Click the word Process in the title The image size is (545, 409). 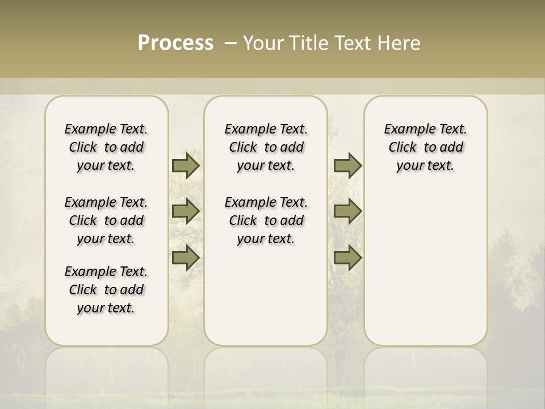(175, 43)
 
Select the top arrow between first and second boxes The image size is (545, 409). (186, 166)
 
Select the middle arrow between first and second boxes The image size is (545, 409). (186, 211)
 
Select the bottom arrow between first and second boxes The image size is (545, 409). (186, 257)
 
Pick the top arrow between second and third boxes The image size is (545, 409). (347, 166)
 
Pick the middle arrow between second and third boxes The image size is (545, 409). (347, 211)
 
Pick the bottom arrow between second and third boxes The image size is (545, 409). (347, 257)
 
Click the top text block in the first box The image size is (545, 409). (106, 147)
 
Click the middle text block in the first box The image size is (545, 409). (106, 220)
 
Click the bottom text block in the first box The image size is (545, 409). (106, 290)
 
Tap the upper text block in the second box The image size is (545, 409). (266, 147)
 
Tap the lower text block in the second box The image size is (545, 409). (266, 220)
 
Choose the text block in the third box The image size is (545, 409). (426, 147)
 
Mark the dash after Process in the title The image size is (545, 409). (231, 43)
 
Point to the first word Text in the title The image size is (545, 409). (351, 43)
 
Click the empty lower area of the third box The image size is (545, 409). (426, 267)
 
